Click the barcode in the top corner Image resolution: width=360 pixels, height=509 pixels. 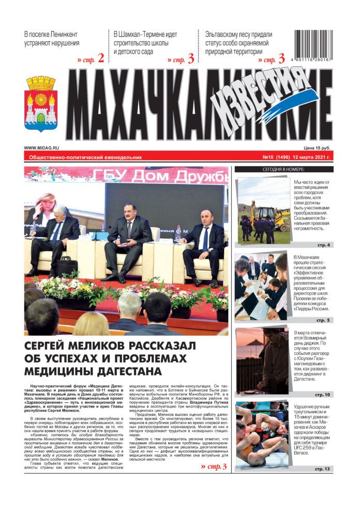click(313, 46)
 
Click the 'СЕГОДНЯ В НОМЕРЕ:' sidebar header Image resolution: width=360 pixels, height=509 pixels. click(283, 169)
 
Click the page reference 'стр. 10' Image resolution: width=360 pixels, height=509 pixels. click(321, 395)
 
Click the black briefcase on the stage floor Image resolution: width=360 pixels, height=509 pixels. click(67, 266)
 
